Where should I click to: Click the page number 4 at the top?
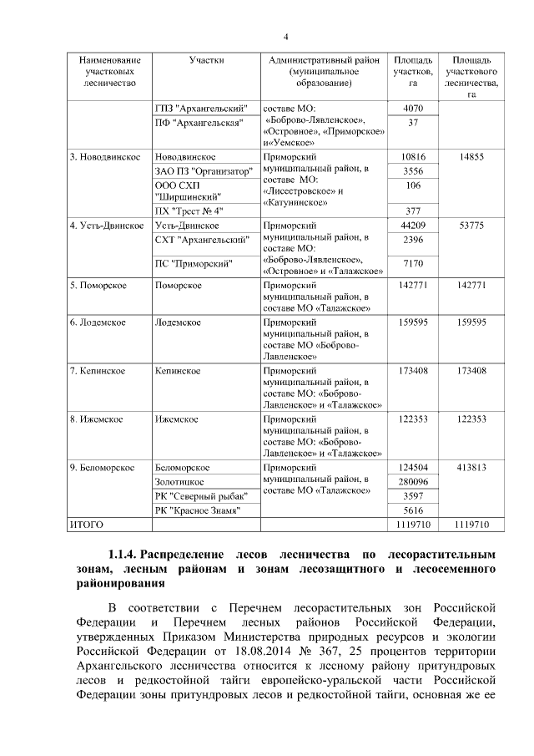tap(285, 37)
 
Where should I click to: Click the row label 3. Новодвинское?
tap(99, 156)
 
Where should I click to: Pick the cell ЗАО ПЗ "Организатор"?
tap(204, 170)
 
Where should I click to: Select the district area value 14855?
tap(471, 156)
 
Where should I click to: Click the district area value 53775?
tap(471, 226)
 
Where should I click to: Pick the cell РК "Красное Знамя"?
tap(198, 510)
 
